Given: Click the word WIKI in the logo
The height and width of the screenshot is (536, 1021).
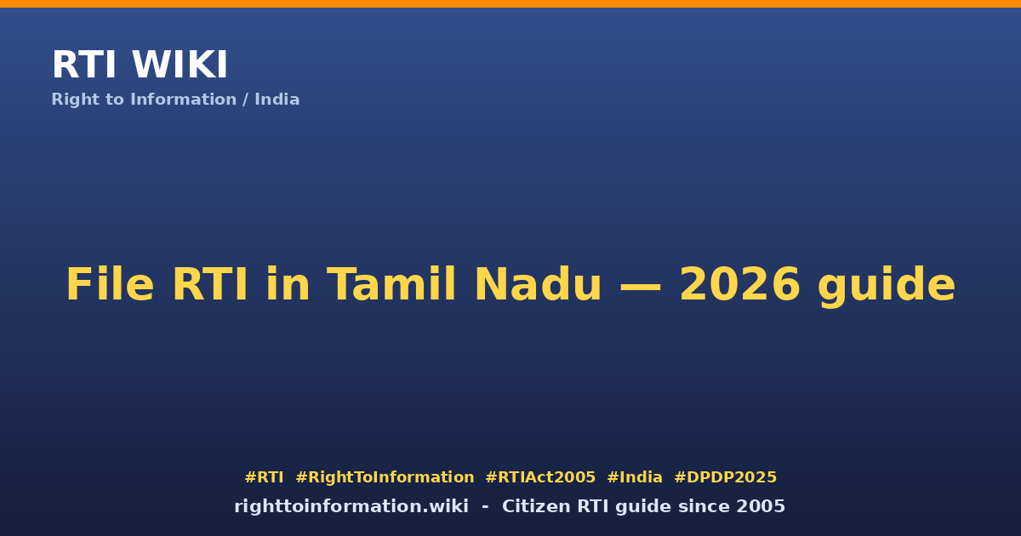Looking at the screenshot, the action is point(180,65).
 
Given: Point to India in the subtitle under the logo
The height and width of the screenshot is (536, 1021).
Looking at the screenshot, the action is point(277,100).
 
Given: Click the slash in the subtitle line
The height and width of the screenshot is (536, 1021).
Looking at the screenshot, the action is point(245,100).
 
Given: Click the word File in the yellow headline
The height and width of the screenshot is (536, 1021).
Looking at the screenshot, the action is point(110,284).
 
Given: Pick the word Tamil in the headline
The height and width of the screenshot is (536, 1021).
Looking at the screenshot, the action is point(391,284).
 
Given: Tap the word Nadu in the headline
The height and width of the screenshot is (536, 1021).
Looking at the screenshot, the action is point(539,284).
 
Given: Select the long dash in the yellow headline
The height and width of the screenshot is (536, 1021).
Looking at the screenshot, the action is point(641,286).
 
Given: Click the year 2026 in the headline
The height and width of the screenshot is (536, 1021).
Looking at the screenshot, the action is point(739,284).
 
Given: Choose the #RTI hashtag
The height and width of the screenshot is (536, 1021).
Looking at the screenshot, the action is point(264,477).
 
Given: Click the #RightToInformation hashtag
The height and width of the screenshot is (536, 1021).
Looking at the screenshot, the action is point(385,477).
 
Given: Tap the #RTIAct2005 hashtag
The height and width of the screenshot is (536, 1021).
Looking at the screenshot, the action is point(540,477).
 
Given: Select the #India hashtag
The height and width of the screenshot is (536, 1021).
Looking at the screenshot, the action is point(635,477).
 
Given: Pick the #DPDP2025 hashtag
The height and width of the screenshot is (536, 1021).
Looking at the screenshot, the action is point(725,477).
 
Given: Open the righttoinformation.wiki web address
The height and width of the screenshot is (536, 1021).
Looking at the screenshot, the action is point(351,506).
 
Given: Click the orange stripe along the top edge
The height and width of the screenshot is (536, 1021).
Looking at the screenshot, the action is point(510,3).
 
